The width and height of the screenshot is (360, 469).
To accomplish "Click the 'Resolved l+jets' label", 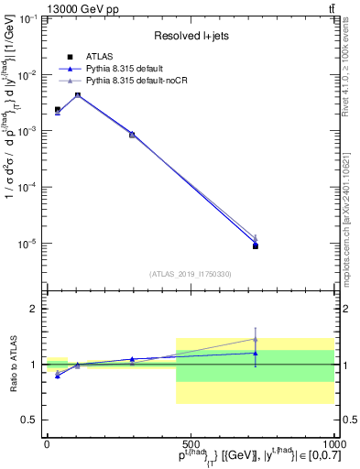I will click(x=189, y=36).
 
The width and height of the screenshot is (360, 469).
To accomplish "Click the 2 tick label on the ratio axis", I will click(x=34, y=309).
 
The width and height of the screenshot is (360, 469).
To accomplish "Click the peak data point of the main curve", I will click(x=78, y=95).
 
